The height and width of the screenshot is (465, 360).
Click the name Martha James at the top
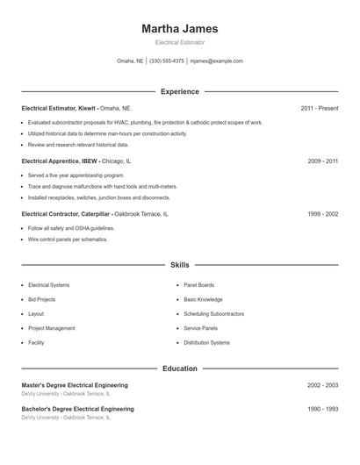(x=179, y=29)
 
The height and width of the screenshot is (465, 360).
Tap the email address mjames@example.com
(x=216, y=61)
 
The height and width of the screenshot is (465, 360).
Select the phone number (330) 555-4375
(x=167, y=61)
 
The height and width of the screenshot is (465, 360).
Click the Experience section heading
(x=179, y=91)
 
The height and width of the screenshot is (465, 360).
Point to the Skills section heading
(x=179, y=264)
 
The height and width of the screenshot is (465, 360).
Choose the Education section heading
(x=179, y=368)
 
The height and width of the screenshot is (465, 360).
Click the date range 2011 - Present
(x=319, y=108)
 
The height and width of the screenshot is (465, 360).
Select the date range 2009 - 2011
(x=322, y=161)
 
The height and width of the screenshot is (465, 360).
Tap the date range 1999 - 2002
(x=322, y=214)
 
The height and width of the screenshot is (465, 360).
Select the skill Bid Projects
(x=41, y=299)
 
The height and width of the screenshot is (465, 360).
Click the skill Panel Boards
(x=198, y=285)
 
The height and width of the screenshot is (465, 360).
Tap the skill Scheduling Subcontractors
(x=213, y=314)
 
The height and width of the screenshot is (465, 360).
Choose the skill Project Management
(x=51, y=328)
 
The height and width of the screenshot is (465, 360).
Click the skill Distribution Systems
(x=206, y=342)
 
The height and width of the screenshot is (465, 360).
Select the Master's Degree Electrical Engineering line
(x=75, y=385)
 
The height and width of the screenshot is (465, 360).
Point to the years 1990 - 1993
(x=322, y=409)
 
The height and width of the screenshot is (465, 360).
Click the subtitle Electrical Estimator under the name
(x=179, y=42)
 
